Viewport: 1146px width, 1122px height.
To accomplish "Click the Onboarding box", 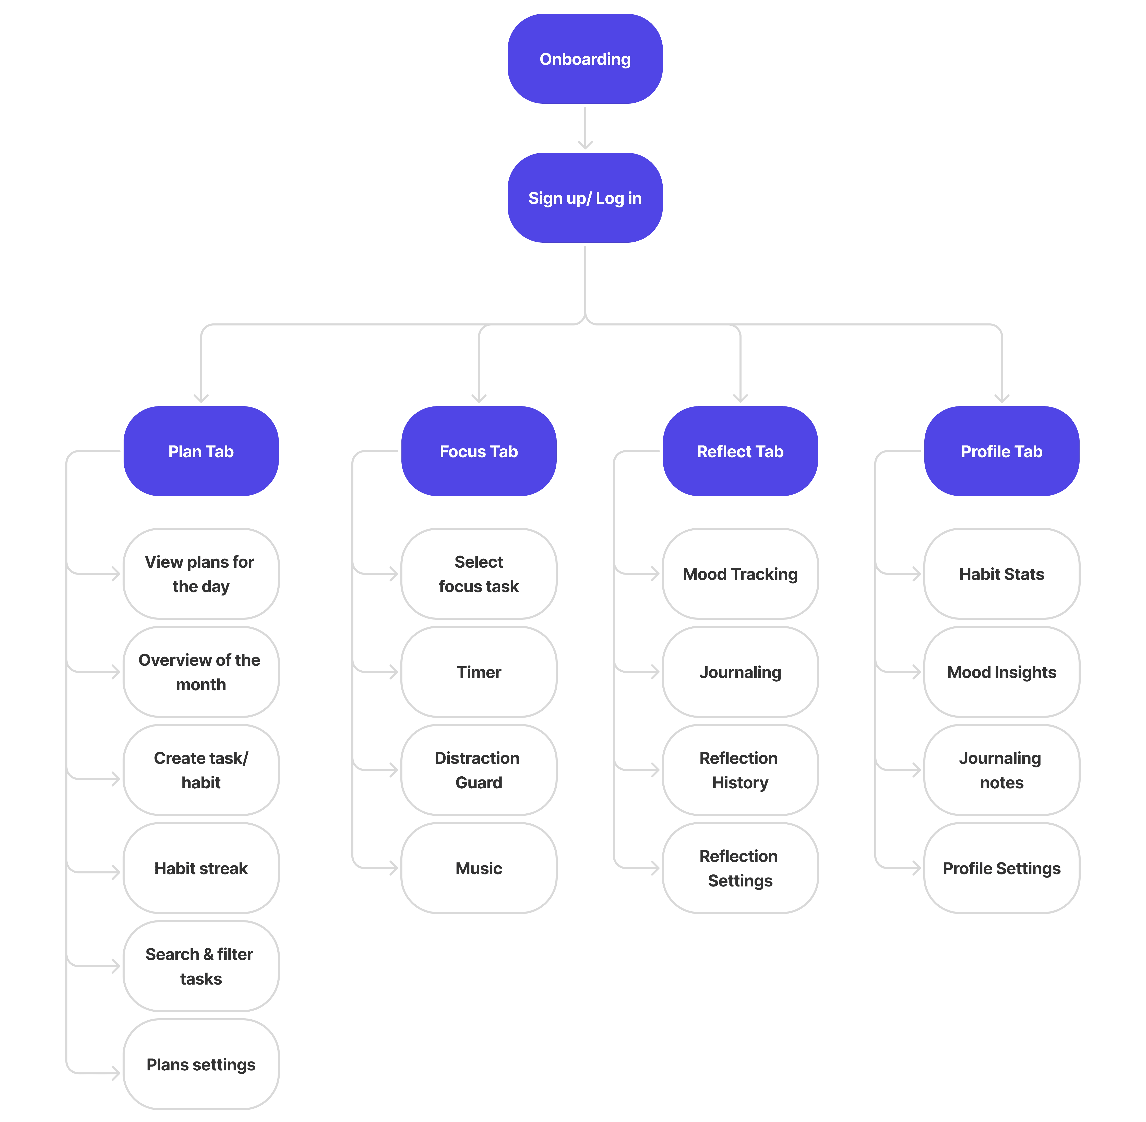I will click(585, 59).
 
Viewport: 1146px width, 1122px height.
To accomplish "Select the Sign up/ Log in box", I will click(585, 198).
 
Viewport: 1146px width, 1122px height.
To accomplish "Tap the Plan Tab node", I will click(201, 451).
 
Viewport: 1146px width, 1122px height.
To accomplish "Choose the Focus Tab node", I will click(479, 451).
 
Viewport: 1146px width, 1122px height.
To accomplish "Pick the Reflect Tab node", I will click(740, 451).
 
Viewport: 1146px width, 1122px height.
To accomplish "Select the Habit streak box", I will click(201, 868).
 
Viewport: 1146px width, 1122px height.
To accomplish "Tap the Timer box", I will click(479, 672).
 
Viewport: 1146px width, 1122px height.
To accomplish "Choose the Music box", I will click(479, 868).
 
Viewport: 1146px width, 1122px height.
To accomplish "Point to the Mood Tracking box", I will click(740, 573).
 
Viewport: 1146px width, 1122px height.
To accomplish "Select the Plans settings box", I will click(201, 1064).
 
